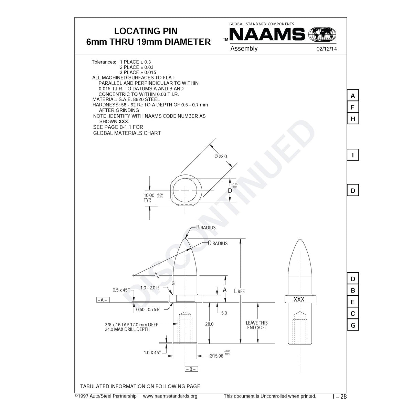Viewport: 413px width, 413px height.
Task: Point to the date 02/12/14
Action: tap(326, 49)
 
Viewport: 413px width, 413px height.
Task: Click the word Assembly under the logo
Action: tap(244, 49)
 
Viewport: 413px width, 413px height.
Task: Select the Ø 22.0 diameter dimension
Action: tap(221, 156)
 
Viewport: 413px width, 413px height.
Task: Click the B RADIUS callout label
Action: tap(206, 227)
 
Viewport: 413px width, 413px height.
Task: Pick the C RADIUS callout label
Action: tap(218, 243)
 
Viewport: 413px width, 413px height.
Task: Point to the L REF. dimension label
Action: tap(240, 291)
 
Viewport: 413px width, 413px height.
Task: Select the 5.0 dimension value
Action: tap(224, 313)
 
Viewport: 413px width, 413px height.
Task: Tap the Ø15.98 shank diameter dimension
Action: tap(217, 356)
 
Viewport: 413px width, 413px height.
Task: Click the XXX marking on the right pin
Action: tap(299, 299)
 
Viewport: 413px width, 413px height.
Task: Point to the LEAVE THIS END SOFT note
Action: tap(257, 325)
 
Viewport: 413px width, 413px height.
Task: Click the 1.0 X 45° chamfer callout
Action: tap(152, 352)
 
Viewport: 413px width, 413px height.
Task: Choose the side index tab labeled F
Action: tap(352, 107)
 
